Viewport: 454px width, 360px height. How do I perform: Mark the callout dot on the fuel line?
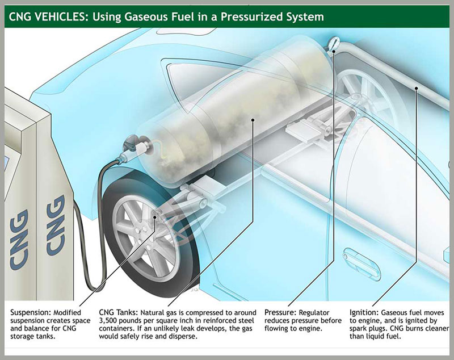tap(416, 88)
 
